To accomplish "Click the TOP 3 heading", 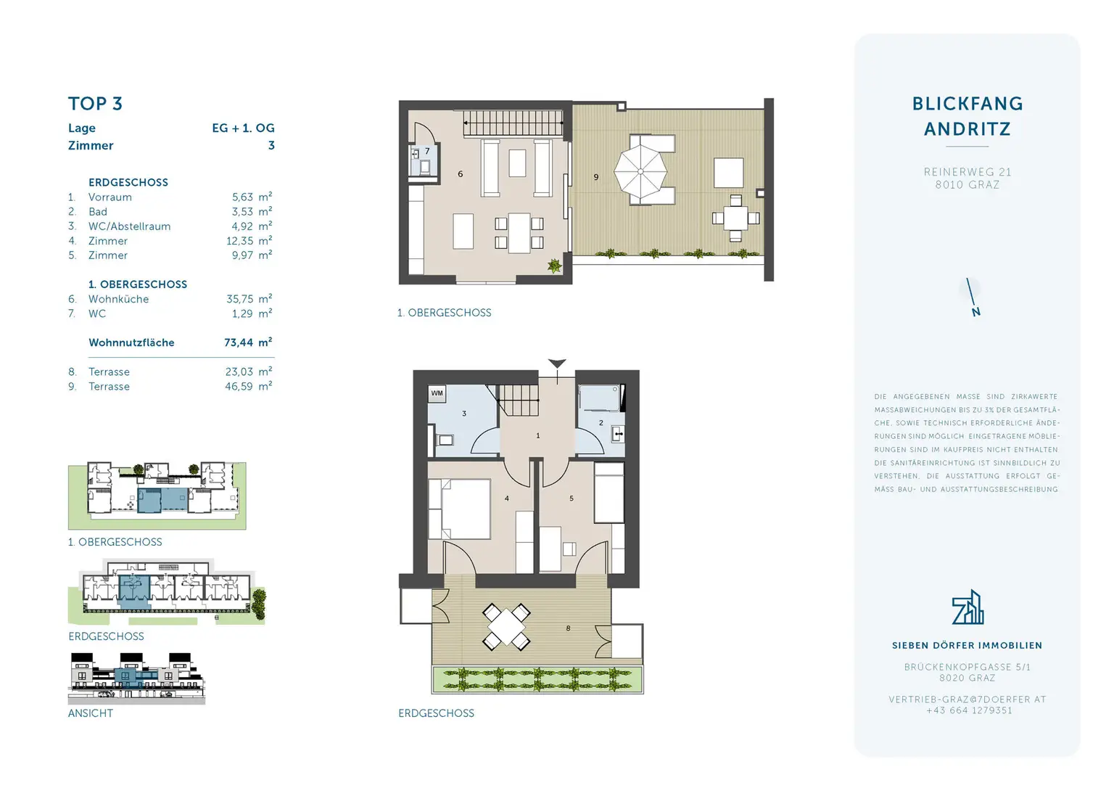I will (95, 104).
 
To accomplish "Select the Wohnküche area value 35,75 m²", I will (248, 299).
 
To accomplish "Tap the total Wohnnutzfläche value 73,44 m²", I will (247, 342).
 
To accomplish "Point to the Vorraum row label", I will (110, 197).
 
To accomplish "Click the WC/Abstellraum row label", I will (129, 226).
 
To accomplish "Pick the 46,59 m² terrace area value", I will (248, 387).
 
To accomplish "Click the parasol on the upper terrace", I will (640, 172).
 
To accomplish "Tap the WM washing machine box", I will (437, 393).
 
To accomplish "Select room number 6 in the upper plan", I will (461, 174).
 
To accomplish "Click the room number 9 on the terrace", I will (596, 177).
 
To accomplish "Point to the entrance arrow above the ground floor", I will (557, 364).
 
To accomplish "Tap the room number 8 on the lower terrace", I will (568, 628).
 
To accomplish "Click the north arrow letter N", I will (976, 312).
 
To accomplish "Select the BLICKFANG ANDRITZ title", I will (967, 116).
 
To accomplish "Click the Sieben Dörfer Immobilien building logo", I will (967, 607).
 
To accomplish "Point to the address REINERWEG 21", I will (967, 172).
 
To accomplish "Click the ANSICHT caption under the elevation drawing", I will (91, 713).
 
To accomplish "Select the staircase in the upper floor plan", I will (513, 123).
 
